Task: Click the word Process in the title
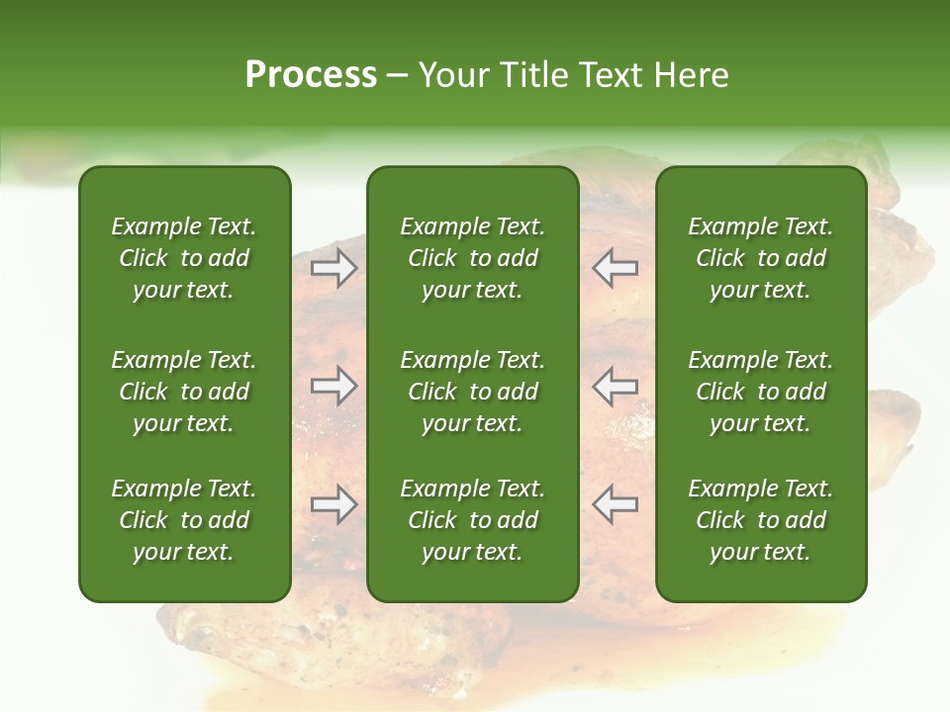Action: [x=311, y=75]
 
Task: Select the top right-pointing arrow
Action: [x=333, y=268]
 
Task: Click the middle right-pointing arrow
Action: [x=333, y=386]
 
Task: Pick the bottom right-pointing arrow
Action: [x=333, y=504]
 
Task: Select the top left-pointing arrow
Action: [x=616, y=268]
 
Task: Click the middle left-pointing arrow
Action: [x=616, y=386]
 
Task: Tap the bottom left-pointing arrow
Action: [x=616, y=504]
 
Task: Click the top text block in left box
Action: [x=184, y=258]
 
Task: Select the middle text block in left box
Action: [x=184, y=392]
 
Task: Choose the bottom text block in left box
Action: [x=184, y=520]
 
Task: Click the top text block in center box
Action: [x=472, y=258]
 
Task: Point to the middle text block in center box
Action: [x=472, y=392]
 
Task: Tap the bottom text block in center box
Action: [x=472, y=520]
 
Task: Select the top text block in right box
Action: [x=760, y=258]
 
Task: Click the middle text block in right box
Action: [x=760, y=392]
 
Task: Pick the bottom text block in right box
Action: [x=760, y=520]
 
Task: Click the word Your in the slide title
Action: [x=453, y=75]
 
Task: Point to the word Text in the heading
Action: [x=608, y=75]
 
